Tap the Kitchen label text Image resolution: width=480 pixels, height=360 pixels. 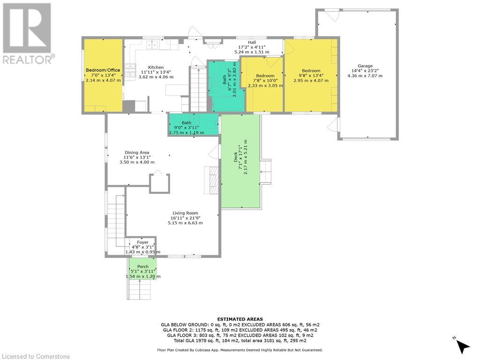[x=156, y=67]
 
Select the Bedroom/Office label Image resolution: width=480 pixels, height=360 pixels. [x=103, y=70]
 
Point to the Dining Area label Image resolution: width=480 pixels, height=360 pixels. [x=137, y=152]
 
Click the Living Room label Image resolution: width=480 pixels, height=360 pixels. [x=185, y=213]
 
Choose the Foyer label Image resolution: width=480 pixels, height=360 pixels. [x=142, y=242]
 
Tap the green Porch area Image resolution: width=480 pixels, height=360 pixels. [x=142, y=271]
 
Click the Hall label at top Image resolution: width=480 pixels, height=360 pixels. [x=252, y=42]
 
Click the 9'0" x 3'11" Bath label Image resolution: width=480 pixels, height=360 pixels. [x=186, y=123]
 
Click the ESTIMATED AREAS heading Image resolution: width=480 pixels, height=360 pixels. [x=240, y=319]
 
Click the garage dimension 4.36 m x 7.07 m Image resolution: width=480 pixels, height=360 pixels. [x=365, y=76]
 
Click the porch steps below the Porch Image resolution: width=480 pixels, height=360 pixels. [x=140, y=290]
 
